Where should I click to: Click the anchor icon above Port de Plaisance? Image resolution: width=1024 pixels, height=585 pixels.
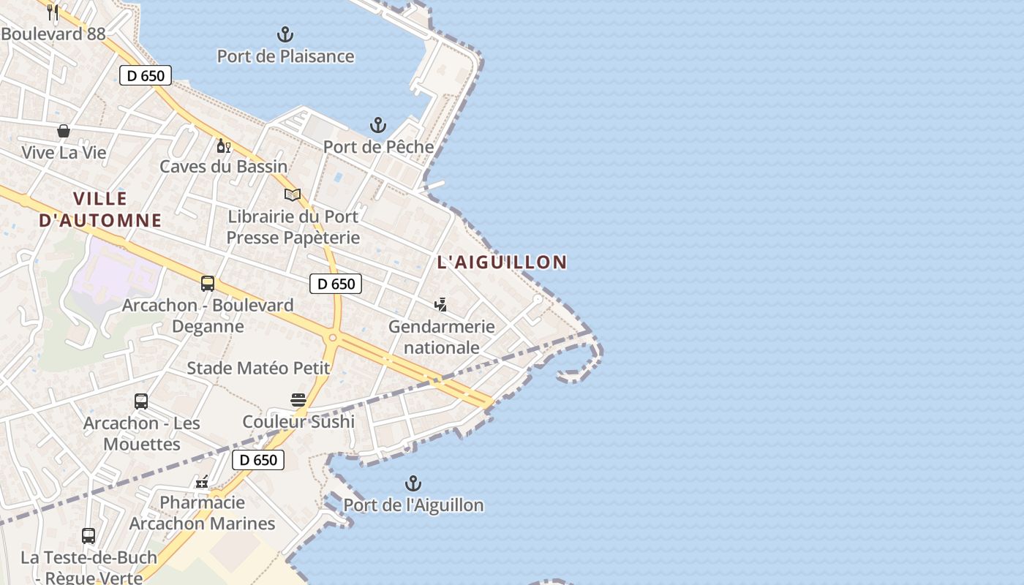tap(285, 34)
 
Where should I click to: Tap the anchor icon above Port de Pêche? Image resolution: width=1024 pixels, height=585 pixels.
tap(377, 125)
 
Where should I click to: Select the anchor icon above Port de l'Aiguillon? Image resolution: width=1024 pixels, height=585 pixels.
tap(413, 483)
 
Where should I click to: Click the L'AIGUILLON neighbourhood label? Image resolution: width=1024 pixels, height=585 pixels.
tap(502, 262)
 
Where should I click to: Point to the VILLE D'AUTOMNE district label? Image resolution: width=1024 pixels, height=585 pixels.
tap(100, 209)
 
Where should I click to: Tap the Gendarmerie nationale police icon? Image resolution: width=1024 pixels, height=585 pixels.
tap(440, 305)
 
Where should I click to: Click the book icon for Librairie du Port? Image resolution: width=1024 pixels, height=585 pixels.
tap(293, 195)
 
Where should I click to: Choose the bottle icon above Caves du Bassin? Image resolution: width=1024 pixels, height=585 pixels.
tap(223, 146)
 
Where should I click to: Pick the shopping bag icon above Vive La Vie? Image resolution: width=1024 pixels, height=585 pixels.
tap(64, 131)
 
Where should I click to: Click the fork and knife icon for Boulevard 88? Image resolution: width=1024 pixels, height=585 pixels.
tap(53, 12)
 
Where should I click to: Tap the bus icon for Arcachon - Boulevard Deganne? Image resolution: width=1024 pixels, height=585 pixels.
tap(208, 284)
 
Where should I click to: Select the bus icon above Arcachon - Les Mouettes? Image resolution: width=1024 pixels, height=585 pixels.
tap(141, 401)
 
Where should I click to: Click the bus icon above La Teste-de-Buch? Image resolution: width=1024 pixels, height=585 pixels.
tap(89, 536)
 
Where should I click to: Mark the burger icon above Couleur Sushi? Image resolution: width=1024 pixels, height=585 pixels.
tap(298, 400)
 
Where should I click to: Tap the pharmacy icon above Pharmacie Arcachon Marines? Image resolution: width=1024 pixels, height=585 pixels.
tap(202, 481)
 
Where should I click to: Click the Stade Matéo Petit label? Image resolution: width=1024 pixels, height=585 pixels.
tap(258, 368)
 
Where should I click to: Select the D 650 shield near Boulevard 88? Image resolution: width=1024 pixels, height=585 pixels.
tap(146, 75)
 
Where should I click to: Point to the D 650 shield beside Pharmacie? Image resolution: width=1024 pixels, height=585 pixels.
tap(257, 460)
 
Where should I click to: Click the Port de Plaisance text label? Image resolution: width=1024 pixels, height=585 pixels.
tap(285, 56)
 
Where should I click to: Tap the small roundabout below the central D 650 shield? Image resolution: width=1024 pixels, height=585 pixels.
tap(333, 337)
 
